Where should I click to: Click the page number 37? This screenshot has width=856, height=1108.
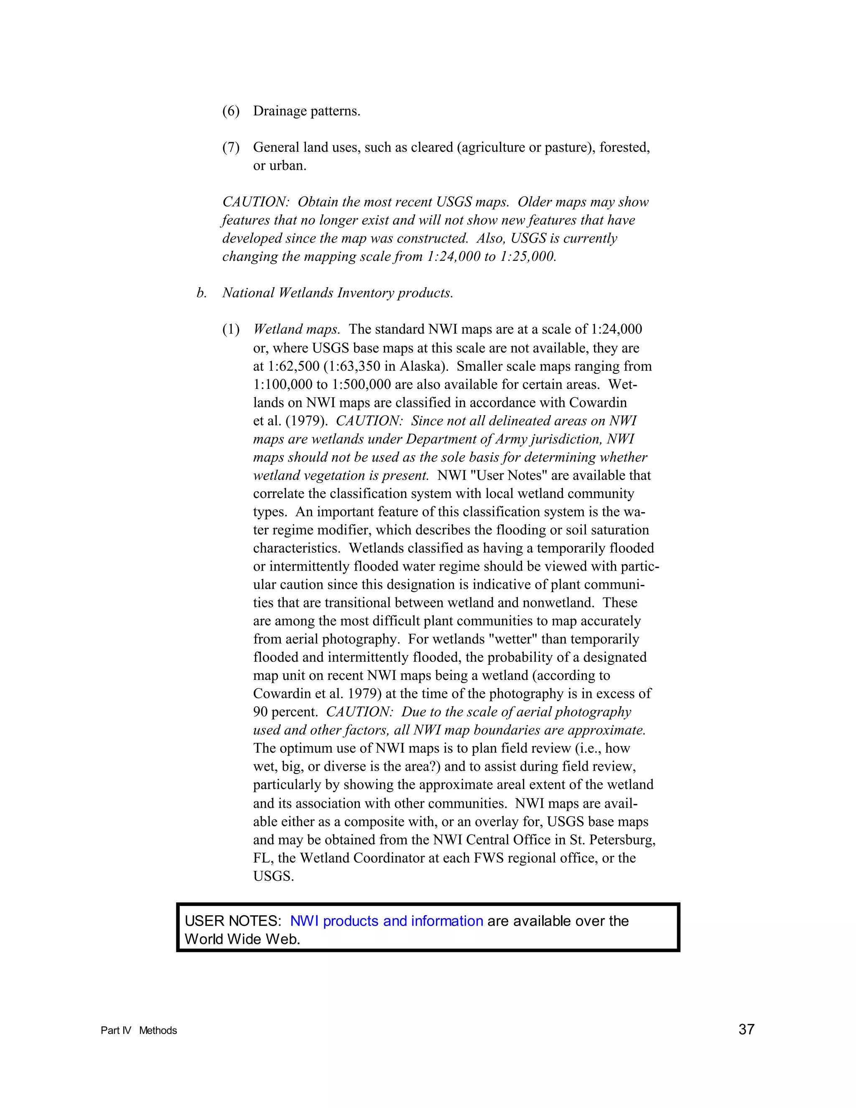coord(746,1029)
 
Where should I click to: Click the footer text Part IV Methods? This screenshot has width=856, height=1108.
coord(138,1030)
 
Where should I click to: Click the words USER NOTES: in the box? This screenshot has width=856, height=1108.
coord(233,921)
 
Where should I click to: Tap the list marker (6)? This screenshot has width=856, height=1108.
coord(231,111)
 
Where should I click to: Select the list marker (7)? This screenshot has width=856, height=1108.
coord(231,148)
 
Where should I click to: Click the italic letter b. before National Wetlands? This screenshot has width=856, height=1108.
coord(201,293)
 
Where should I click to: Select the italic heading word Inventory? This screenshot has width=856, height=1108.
coord(365,293)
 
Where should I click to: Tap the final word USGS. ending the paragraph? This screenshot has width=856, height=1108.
coord(273,876)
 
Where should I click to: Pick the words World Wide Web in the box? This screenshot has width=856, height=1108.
coord(242,939)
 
